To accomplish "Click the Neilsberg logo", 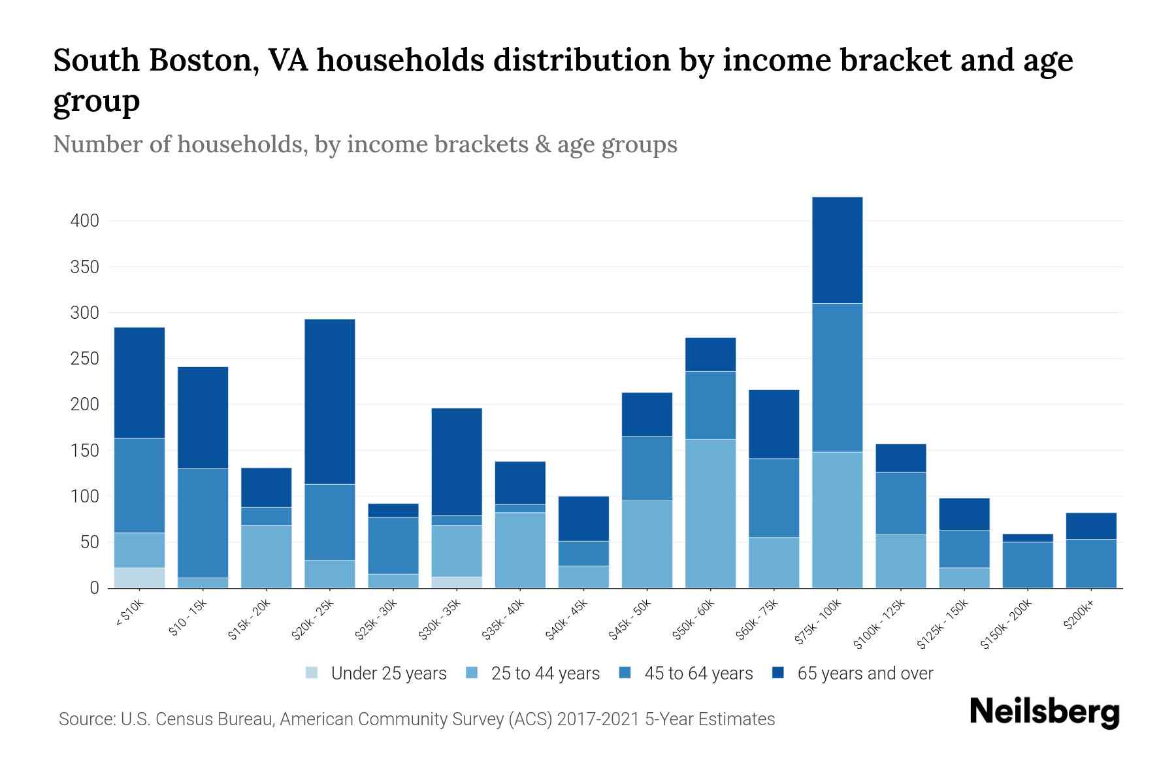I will [1044, 712].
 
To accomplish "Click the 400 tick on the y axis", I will [85, 221].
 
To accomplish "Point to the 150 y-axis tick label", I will [85, 451].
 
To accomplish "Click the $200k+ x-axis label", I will [1078, 617].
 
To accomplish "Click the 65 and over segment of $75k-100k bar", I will [837, 250].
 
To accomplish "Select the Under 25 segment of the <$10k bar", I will [139, 578].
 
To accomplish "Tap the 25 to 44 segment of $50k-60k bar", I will [710, 514].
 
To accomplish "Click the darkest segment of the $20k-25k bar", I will [330, 402].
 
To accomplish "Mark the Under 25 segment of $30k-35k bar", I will [457, 582].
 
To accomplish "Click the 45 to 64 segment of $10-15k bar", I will [203, 523].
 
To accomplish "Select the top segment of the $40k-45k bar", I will [583, 519].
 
